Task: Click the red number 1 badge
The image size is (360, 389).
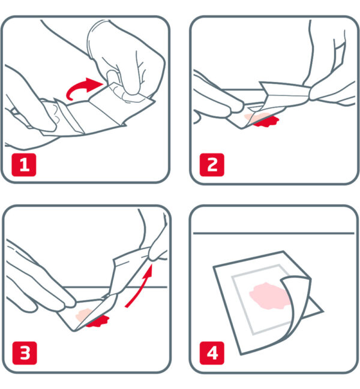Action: (x=24, y=165)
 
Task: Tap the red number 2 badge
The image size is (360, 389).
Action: (x=212, y=165)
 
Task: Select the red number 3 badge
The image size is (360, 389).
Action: (x=25, y=353)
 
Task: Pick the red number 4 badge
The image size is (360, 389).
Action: (x=212, y=353)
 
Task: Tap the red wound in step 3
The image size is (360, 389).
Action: (x=97, y=321)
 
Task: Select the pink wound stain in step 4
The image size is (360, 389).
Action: (x=269, y=296)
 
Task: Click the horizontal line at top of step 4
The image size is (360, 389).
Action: (x=274, y=233)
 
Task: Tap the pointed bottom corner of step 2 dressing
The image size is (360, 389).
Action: (x=242, y=128)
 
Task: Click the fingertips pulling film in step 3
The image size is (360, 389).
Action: (x=157, y=253)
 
